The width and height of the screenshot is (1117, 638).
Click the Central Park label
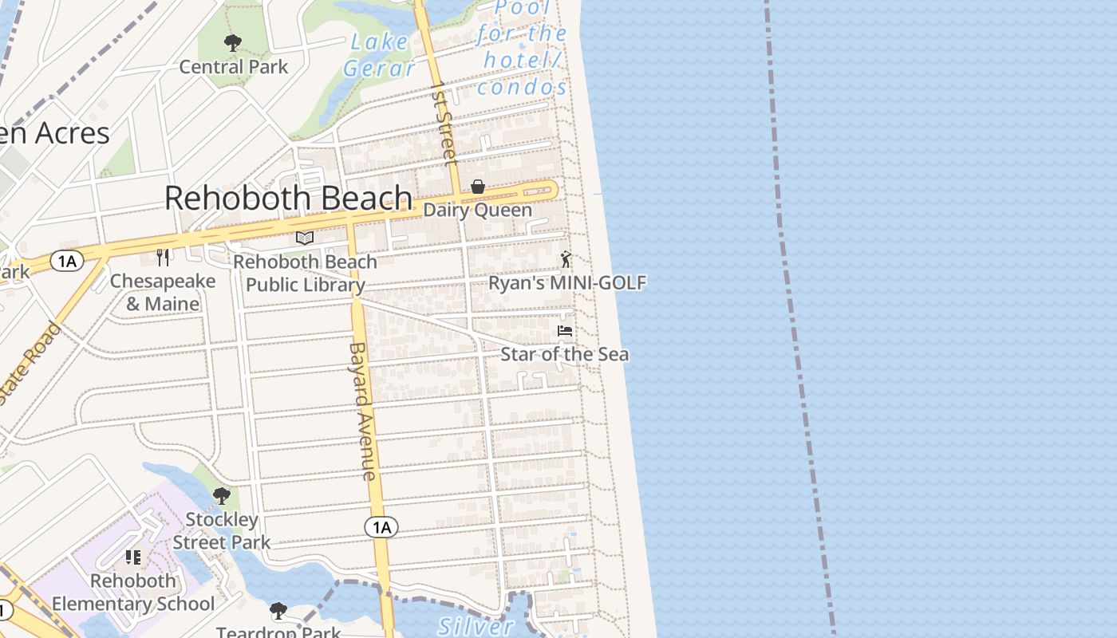pos(233,66)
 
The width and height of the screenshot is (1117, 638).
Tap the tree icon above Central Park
pos(233,42)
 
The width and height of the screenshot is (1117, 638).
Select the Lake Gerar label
pos(380,55)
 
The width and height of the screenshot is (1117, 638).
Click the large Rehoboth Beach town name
pos(288,198)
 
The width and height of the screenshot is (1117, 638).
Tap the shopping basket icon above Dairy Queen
pos(478,187)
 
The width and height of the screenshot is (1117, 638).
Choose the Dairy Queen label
pos(477,210)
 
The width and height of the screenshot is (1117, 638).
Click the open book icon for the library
pos(305,238)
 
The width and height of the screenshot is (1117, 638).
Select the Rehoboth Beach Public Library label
pos(305,273)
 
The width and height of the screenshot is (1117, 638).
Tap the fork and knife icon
pos(163,257)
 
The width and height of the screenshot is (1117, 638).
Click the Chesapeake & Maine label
pos(163,292)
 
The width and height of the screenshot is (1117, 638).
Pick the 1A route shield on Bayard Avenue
pos(381,527)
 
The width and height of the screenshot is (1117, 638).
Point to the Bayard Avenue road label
pos(362,412)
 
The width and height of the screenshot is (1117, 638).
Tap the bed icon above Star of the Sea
pos(565,330)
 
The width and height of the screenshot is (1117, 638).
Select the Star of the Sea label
pos(564,353)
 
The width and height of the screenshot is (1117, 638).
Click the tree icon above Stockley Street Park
pos(222,496)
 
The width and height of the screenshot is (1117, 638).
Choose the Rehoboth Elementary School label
pos(133,592)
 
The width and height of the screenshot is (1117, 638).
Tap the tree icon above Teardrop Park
pos(278,611)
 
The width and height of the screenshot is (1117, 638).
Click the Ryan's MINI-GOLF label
pos(566,282)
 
